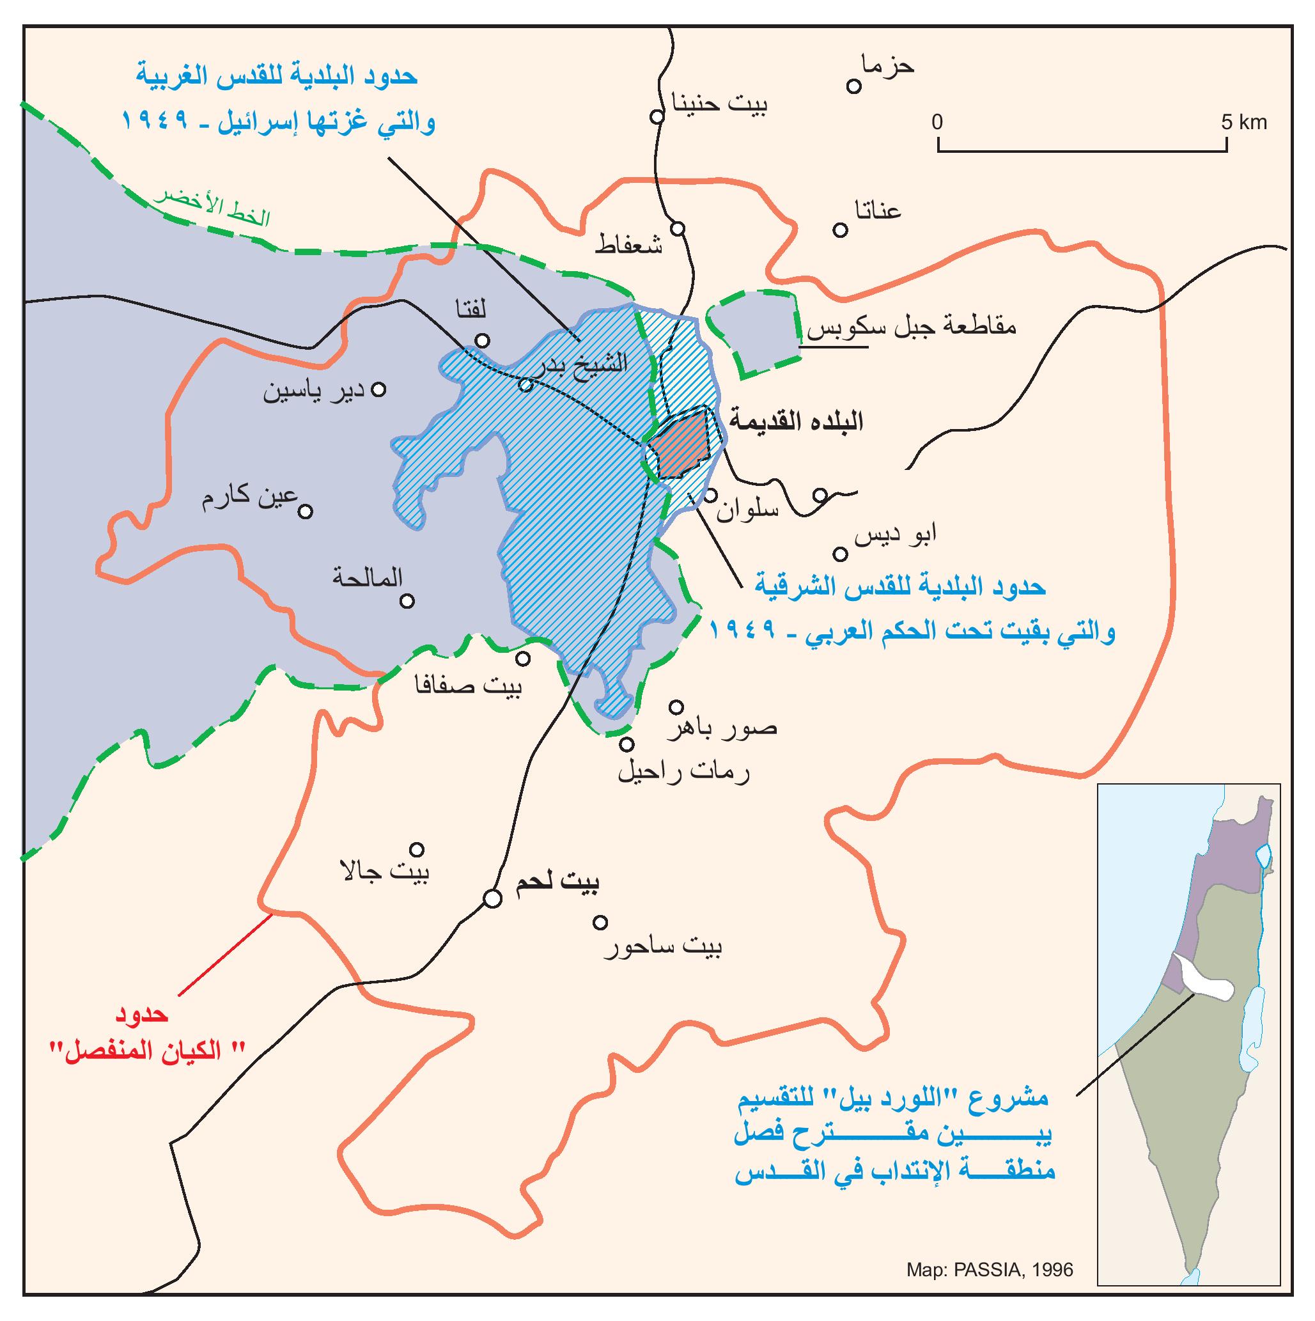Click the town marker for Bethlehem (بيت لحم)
click(x=491, y=898)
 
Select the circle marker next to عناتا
click(x=840, y=230)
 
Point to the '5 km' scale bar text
click(x=1244, y=122)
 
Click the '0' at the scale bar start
click(x=937, y=122)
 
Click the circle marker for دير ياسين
click(x=378, y=389)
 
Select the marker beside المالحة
click(x=407, y=601)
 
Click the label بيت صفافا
click(x=469, y=684)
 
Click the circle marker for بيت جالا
click(x=416, y=849)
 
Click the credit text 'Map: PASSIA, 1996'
click(x=990, y=1270)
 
